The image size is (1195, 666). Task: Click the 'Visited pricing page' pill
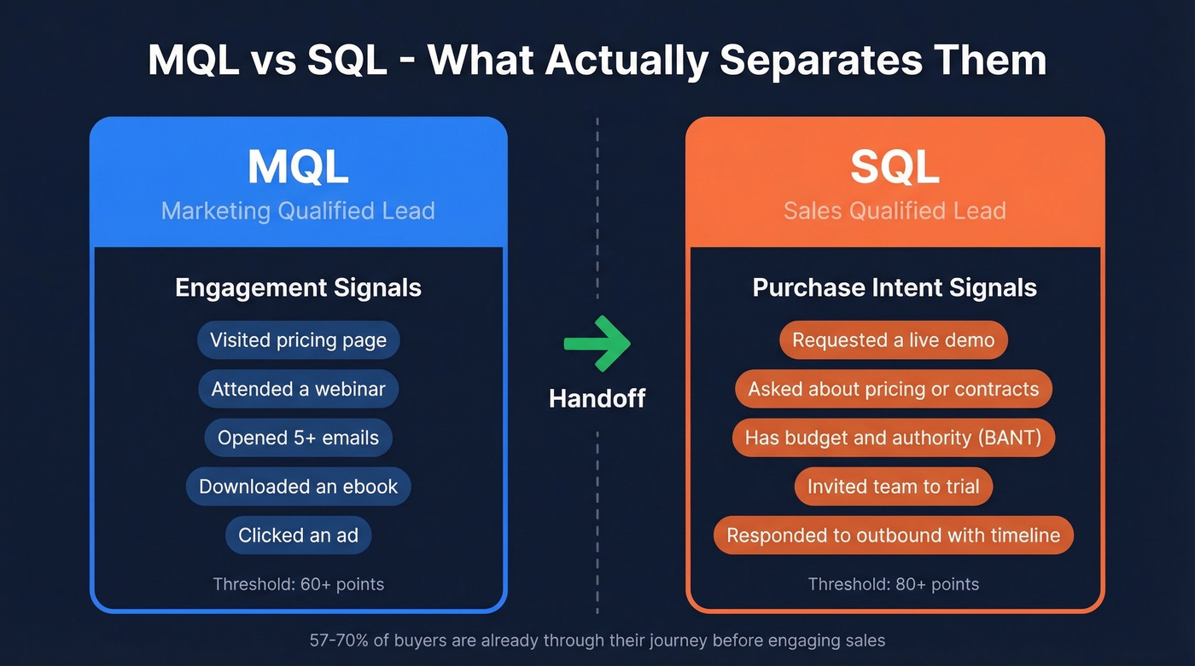298,340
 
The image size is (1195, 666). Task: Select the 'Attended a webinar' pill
298,389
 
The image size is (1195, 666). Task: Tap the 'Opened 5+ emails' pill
298,437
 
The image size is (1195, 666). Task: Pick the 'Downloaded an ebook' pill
298,486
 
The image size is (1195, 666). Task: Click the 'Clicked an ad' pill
298,536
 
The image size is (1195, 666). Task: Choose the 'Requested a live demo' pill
893,340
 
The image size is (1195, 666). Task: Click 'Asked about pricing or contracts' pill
893,389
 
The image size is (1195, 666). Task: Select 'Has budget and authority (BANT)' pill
893,437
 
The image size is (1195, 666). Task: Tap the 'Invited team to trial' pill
893,486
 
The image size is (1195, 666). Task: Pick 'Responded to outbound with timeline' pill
893,536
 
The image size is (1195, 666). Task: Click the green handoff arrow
597,343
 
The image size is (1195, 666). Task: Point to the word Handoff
597,397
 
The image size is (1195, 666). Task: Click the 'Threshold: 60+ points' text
298,584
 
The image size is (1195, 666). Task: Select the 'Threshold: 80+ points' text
893,584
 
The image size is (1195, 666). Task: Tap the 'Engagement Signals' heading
298,287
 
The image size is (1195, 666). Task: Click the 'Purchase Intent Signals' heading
895,287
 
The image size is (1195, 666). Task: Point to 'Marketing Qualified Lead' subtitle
298,211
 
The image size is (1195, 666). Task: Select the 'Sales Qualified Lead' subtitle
895,211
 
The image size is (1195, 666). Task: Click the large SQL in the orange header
895,167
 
